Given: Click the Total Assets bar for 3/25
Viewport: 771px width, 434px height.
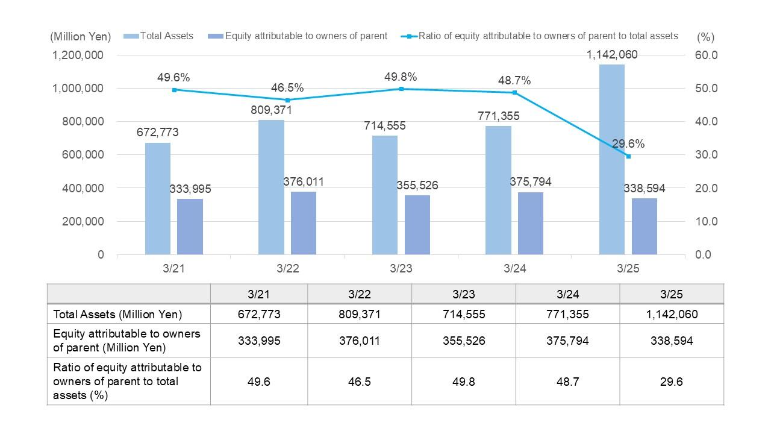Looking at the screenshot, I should pyautogui.click(x=611, y=160).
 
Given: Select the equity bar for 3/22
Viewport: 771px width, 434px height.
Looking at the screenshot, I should pyautogui.click(x=303, y=223).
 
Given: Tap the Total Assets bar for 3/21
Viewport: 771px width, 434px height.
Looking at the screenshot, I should pyautogui.click(x=158, y=198).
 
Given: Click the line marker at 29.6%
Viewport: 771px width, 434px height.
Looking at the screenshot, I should pyautogui.click(x=628, y=156).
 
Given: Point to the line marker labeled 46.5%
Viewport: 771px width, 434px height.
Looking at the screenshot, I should pyautogui.click(x=288, y=100).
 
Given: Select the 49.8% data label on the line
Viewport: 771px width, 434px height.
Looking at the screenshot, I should pyautogui.click(x=401, y=77).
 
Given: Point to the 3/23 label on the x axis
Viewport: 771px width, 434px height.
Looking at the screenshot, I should pyautogui.click(x=401, y=269).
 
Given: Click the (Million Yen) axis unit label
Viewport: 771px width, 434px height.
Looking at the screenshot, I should pyautogui.click(x=80, y=37).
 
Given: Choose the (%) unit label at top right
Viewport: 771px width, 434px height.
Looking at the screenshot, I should pyautogui.click(x=705, y=37).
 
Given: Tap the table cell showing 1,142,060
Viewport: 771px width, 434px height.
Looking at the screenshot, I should pyautogui.click(x=671, y=314).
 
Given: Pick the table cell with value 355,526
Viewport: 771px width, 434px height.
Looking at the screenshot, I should pyautogui.click(x=463, y=341).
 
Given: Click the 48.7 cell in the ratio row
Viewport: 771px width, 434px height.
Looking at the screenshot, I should pyautogui.click(x=567, y=382).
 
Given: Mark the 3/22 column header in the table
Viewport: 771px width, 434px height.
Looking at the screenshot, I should pyautogui.click(x=359, y=294).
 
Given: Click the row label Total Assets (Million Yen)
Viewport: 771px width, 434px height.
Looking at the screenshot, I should pyautogui.click(x=117, y=314).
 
